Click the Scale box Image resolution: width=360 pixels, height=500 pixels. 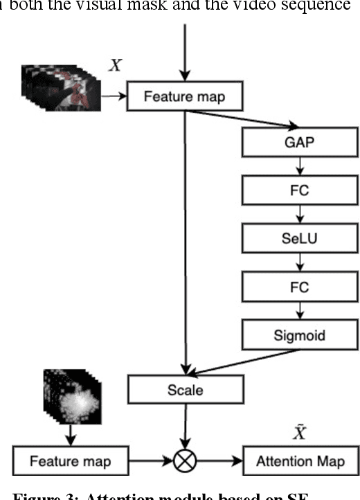(185, 389)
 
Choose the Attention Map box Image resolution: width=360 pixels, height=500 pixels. (294, 461)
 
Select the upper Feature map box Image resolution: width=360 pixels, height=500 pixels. (185, 96)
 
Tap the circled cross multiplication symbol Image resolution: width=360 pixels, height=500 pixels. (185, 461)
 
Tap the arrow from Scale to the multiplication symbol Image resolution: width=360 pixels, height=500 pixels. (185, 424)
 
